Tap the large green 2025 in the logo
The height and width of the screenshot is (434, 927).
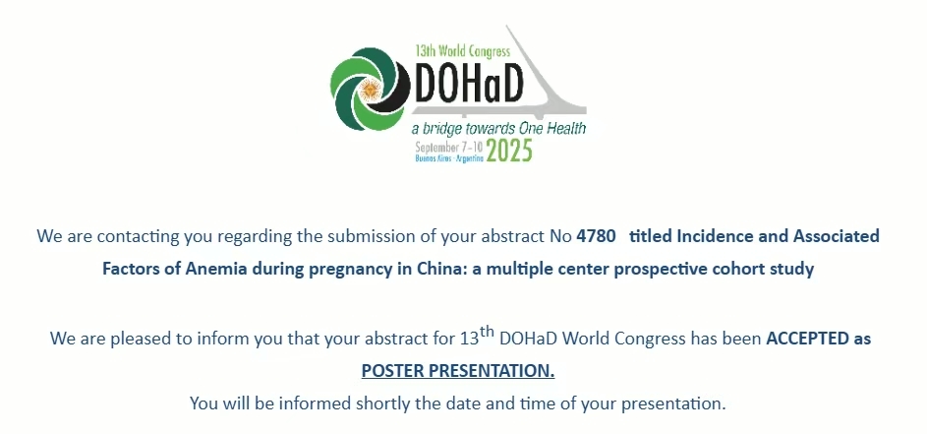click(509, 151)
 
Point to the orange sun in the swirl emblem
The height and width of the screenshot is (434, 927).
click(370, 90)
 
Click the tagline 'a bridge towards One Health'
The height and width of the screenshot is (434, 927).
click(498, 128)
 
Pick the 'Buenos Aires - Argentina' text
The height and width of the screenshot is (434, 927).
click(449, 158)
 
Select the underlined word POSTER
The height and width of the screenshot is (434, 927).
click(392, 371)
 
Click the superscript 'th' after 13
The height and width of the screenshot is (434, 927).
click(487, 332)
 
